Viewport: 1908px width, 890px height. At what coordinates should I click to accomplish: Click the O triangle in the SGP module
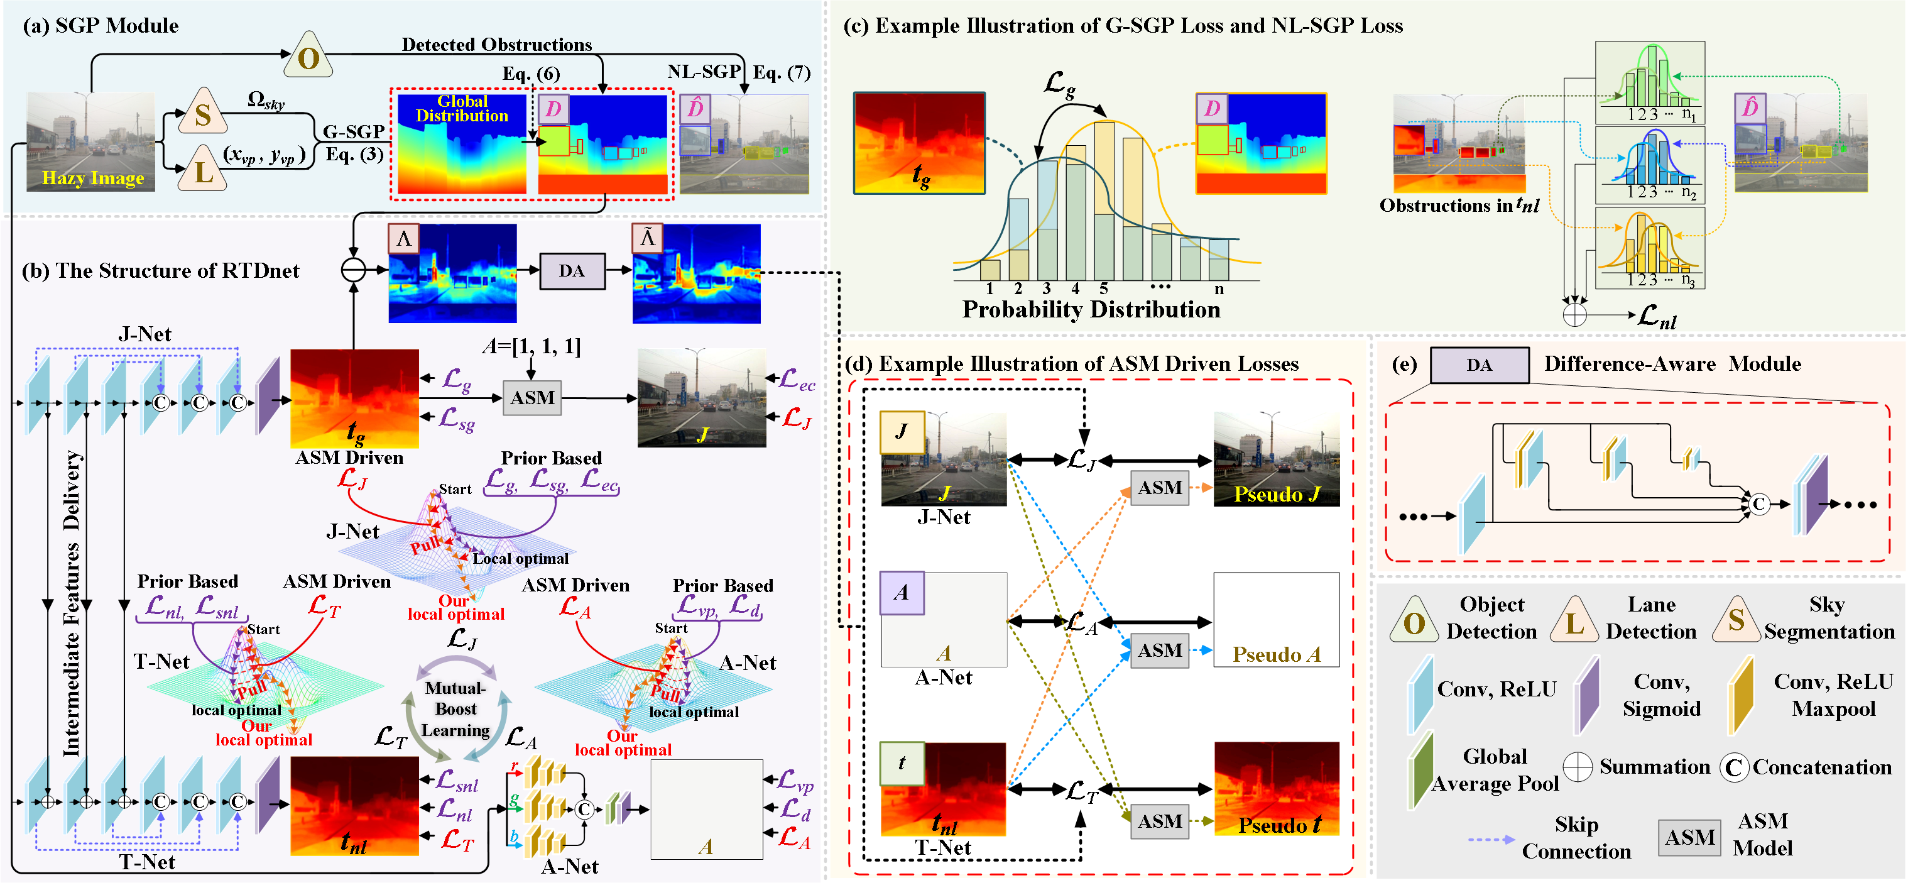(308, 58)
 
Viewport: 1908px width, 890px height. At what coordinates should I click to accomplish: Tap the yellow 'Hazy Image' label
(92, 178)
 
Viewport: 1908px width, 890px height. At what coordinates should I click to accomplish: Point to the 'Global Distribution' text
(461, 108)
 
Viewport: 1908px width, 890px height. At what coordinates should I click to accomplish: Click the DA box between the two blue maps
(571, 272)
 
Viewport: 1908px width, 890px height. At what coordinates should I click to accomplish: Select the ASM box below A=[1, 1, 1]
(532, 398)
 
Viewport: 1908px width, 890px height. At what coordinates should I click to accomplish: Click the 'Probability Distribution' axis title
(1090, 309)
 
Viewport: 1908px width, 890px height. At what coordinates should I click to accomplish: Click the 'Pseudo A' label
(1276, 654)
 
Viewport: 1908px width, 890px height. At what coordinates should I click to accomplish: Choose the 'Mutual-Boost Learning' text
(455, 709)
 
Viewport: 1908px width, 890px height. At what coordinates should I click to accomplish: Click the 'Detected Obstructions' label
(496, 45)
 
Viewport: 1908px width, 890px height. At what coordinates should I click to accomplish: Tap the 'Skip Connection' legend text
(1576, 838)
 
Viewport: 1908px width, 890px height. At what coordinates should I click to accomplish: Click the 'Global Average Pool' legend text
(1495, 770)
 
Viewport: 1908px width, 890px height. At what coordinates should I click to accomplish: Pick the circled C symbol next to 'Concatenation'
(1733, 767)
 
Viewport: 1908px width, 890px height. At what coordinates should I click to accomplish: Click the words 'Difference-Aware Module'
(1672, 364)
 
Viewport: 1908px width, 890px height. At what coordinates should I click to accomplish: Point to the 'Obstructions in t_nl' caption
(1458, 206)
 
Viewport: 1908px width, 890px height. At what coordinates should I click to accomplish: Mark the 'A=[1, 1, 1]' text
(531, 346)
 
